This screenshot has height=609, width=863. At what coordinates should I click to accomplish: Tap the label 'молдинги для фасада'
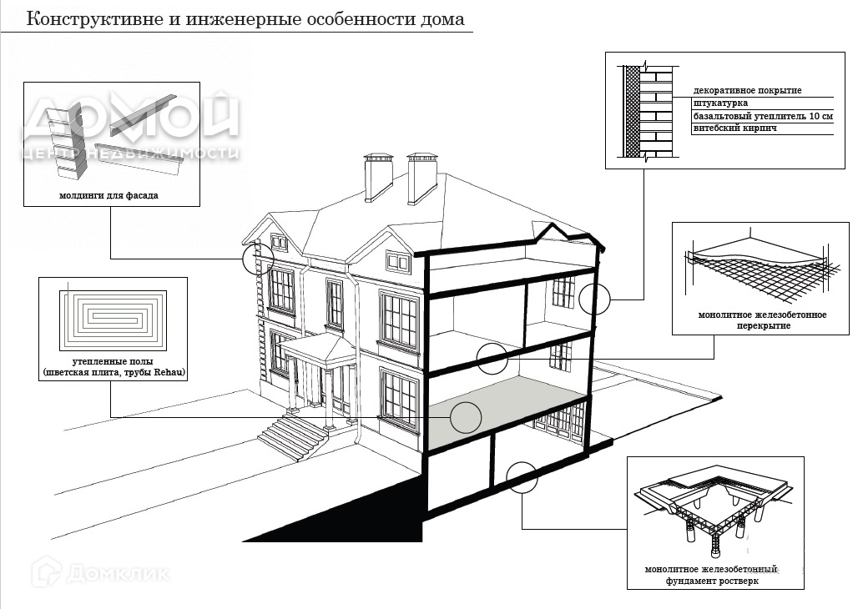tap(109, 196)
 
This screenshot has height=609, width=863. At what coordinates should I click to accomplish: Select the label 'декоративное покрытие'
tap(747, 90)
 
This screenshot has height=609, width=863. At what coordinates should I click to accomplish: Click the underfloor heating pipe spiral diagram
tap(112, 320)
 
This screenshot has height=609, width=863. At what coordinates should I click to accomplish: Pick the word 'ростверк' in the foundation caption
tap(736, 581)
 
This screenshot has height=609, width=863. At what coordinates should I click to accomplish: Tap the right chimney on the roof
tap(421, 178)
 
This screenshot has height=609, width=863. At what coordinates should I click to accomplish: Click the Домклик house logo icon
tap(48, 572)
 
